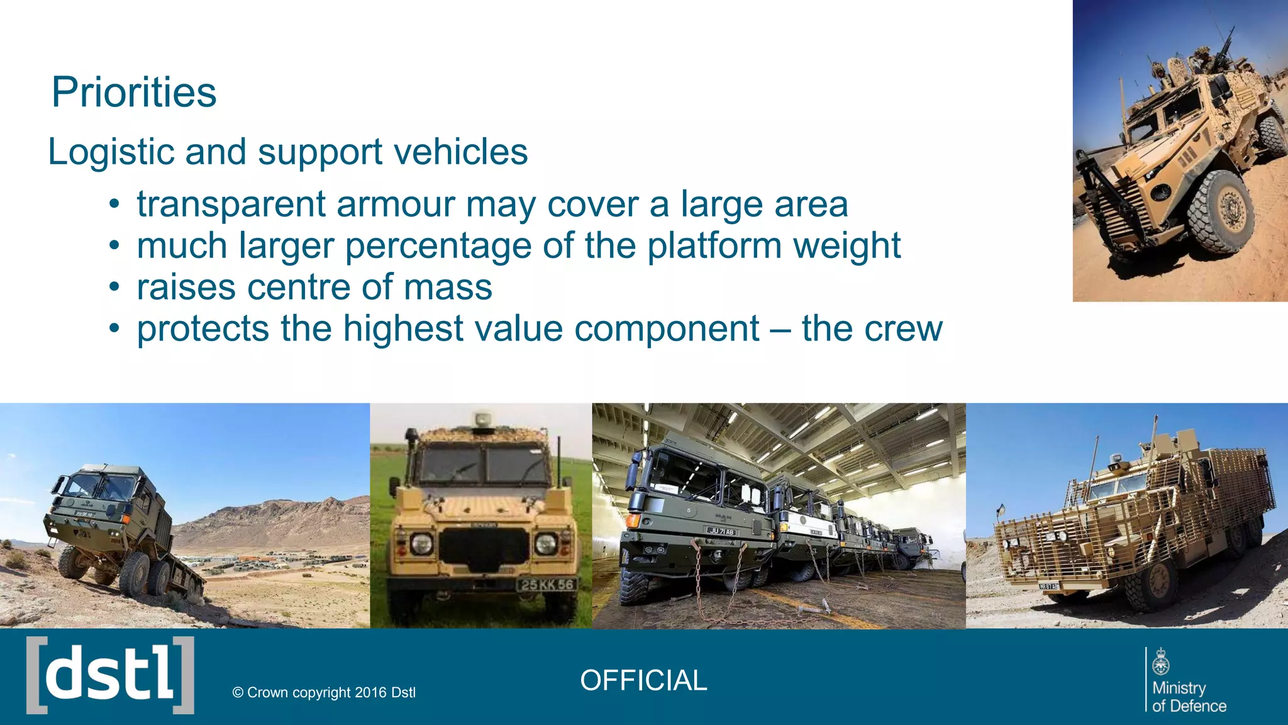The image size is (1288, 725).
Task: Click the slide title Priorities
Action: click(133, 93)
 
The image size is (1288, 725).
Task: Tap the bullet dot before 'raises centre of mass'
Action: click(113, 288)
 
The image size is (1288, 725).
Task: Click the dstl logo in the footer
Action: click(110, 675)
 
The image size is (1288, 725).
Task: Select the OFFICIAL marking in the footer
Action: click(643, 680)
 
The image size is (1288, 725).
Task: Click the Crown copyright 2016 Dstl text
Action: click(324, 692)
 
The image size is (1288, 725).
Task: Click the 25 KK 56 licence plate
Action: click(547, 585)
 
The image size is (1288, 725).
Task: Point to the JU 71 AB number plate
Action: click(721, 532)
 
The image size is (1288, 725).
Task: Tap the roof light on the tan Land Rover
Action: click(483, 419)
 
